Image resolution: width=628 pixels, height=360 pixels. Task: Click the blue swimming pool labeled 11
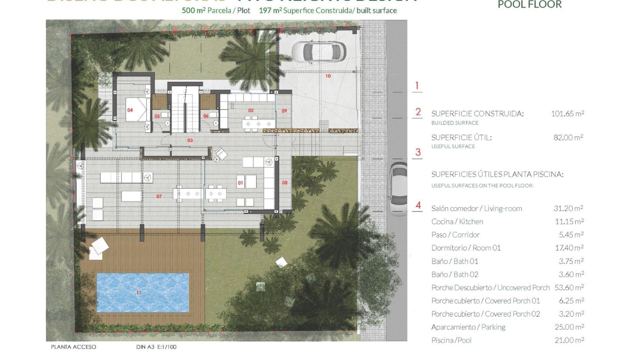pos(142,292)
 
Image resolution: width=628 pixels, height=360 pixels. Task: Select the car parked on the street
pos(398,189)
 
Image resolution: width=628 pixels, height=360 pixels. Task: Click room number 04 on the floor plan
pos(130,110)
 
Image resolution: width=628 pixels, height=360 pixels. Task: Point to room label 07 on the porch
pos(159,196)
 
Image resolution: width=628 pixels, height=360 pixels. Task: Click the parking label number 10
pos(328,76)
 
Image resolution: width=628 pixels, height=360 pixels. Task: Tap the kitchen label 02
pos(251,110)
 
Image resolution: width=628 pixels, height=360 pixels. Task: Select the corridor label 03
pos(190,140)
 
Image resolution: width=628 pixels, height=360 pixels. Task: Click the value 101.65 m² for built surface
pos(567,113)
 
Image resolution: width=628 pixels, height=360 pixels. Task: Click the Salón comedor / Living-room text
pos(476,208)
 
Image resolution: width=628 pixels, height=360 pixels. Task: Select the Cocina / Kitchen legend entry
pos(457,221)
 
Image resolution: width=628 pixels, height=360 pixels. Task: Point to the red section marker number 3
pos(418,152)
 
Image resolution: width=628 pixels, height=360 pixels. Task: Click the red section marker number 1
pos(417,86)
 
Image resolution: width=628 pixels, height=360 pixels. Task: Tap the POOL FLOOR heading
pos(529,5)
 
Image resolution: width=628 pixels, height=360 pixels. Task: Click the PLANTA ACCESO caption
pos(73,347)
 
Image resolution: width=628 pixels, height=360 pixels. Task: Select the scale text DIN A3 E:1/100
pos(152,347)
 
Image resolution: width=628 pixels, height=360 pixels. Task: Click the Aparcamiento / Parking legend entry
pos(468,327)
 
